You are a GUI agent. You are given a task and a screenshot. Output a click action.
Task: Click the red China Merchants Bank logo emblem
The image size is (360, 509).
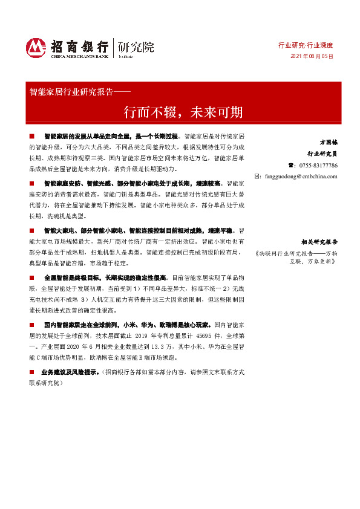(x=36, y=47)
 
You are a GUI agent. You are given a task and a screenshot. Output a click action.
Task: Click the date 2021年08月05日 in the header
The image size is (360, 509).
(x=312, y=56)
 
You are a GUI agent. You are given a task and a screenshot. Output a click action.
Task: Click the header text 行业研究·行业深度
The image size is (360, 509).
(x=306, y=45)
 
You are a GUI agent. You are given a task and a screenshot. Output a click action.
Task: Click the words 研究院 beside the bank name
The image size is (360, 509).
(x=136, y=47)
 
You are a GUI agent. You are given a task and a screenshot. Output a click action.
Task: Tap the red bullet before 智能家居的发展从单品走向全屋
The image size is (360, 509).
(x=32, y=138)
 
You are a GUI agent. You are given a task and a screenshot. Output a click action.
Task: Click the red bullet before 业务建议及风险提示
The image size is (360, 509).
(x=32, y=372)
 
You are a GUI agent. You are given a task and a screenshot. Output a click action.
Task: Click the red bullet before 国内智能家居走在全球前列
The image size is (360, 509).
(x=32, y=324)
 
